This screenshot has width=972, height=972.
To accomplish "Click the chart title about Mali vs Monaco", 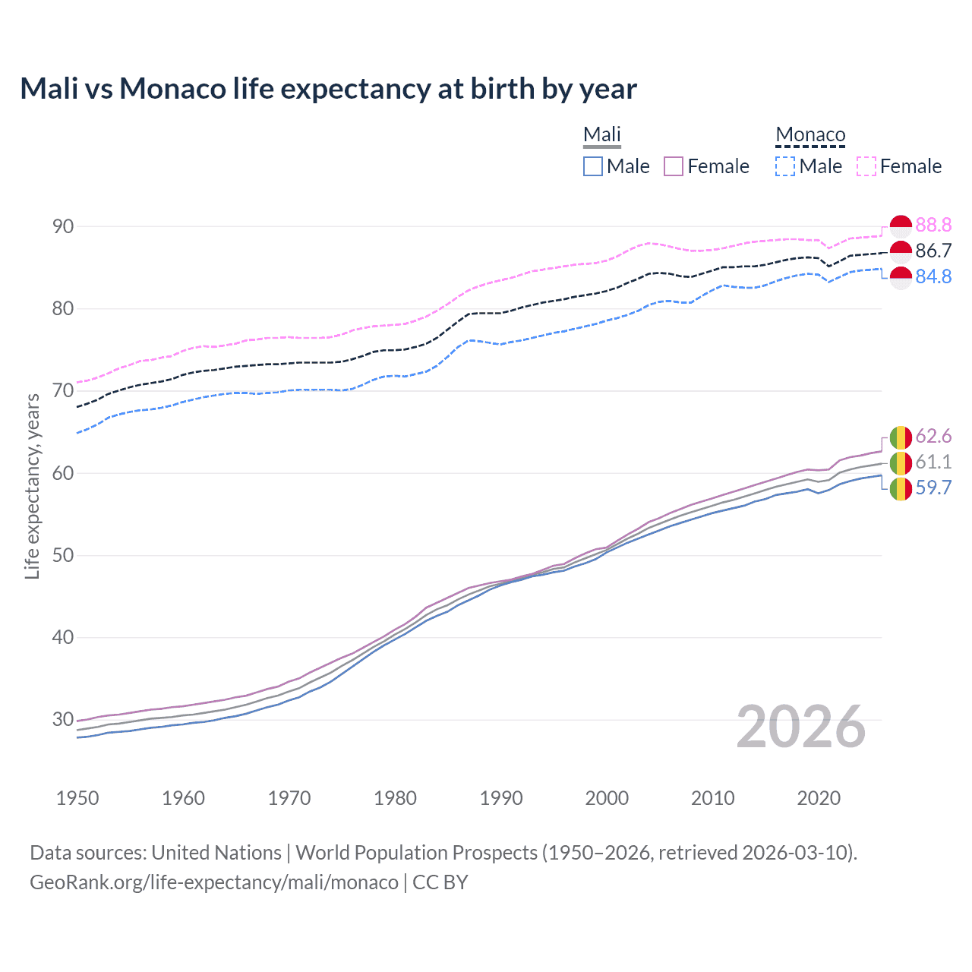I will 328,89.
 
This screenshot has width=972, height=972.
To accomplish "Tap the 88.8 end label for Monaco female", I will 933,225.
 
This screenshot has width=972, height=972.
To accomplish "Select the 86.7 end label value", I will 933,251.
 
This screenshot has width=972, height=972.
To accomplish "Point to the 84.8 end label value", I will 933,276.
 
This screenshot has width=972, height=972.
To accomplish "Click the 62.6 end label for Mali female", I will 933,436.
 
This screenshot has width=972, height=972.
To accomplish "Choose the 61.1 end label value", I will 933,462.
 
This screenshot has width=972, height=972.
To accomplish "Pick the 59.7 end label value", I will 933,488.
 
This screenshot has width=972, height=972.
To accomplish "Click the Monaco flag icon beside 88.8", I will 901,226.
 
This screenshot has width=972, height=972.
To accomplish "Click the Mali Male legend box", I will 593,166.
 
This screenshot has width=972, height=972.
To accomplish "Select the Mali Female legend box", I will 674,166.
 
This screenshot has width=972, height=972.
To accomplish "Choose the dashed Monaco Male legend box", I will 785,166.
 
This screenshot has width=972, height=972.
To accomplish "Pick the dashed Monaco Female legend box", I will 866,166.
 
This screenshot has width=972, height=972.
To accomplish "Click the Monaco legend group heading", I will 810,135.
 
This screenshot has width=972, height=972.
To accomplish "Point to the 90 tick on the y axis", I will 63,226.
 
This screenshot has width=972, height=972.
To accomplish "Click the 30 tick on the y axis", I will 63,719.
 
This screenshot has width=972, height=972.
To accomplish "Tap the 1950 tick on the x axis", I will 77,798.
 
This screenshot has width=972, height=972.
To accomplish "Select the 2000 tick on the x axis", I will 607,798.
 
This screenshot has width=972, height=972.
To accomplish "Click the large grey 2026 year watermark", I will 800,727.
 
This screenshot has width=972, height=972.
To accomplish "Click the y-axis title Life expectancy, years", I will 32,486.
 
